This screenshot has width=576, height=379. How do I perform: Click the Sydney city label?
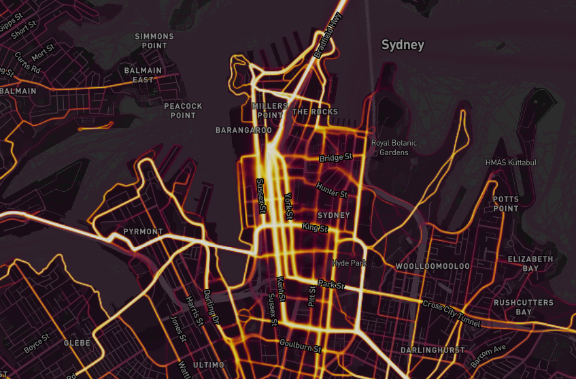[403, 46]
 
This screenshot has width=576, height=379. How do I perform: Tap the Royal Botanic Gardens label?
[394, 148]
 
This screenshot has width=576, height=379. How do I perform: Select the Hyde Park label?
[349, 263]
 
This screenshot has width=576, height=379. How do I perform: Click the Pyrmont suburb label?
[143, 232]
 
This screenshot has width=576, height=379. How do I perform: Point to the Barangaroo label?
[243, 130]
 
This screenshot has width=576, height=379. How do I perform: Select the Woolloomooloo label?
[433, 265]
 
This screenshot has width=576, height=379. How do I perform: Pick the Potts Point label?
[505, 204]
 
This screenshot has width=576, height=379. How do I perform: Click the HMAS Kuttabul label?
[510, 163]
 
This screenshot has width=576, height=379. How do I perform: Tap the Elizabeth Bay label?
[530, 264]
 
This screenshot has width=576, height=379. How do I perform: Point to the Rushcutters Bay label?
[522, 307]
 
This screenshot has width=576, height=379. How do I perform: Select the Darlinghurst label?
[433, 350]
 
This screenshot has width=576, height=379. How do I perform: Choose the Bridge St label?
[336, 158]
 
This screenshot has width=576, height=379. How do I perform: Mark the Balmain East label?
[143, 75]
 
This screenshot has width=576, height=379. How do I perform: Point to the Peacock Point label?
[183, 111]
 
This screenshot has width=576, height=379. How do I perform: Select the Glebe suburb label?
[77, 344]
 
